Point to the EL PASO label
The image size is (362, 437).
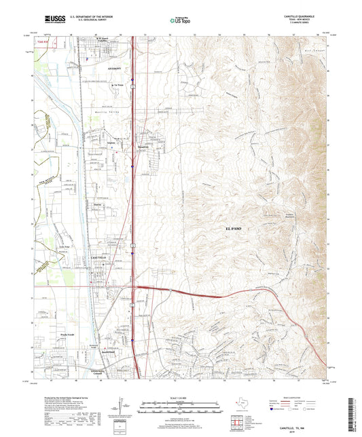(233, 229)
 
